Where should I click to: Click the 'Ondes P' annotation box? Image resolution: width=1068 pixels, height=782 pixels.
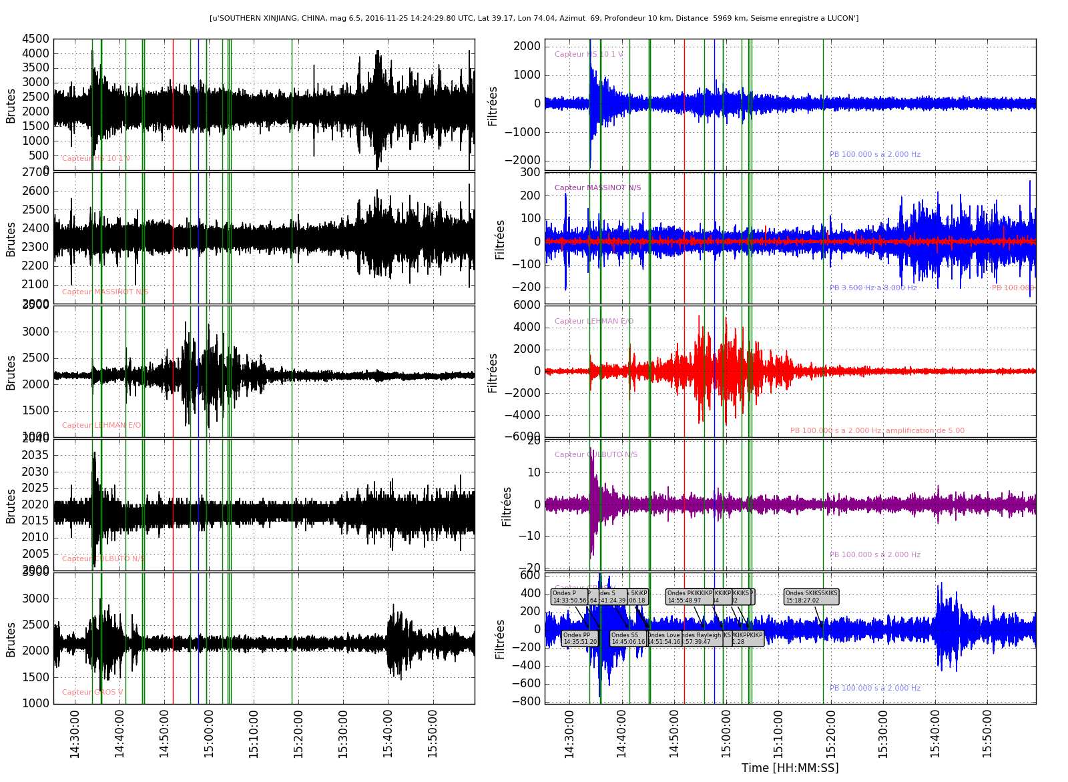pos(569,597)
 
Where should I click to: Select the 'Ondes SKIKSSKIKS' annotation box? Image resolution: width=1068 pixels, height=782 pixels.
pos(811,597)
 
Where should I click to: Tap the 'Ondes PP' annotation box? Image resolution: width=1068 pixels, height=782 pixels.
pos(579,639)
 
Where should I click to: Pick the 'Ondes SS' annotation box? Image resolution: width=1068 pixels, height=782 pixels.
pos(627,639)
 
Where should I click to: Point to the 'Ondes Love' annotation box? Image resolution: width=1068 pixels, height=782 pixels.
pos(664,639)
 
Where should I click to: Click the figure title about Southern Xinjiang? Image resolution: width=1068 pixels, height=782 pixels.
pos(534,18)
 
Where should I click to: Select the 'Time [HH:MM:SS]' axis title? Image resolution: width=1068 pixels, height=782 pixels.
pos(790,768)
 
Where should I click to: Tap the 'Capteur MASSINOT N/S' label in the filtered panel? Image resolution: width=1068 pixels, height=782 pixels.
pos(597,188)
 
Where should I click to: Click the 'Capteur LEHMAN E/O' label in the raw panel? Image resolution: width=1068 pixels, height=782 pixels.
pos(101,426)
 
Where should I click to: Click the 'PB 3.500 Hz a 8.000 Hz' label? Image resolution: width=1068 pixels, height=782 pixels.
pos(873,288)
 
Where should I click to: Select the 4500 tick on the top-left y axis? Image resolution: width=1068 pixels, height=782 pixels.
pos(35,39)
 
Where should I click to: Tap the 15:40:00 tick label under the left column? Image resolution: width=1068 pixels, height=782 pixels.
pos(388,733)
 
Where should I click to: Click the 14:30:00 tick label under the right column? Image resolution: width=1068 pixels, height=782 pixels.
pos(569,733)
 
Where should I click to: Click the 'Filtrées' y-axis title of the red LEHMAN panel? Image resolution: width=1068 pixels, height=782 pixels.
pos(493,372)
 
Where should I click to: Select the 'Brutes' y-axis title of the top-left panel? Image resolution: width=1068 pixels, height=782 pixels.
pos(11,105)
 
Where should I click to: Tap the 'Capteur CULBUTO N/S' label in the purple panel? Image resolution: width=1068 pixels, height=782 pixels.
pos(595,455)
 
